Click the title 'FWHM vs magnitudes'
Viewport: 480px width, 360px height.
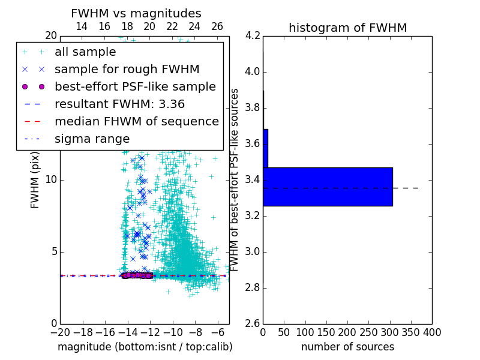click(136, 13)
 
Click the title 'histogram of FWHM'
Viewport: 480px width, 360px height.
click(347, 28)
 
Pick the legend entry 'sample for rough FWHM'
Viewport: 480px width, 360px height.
click(127, 70)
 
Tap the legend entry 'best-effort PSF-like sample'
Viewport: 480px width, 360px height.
click(135, 87)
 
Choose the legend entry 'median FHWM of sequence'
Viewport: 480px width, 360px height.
click(136, 122)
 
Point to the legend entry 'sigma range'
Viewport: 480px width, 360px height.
click(92, 139)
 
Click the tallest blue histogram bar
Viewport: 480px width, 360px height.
click(328, 187)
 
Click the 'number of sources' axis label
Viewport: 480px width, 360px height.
click(347, 347)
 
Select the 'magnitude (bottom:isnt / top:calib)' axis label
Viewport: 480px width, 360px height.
click(145, 347)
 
